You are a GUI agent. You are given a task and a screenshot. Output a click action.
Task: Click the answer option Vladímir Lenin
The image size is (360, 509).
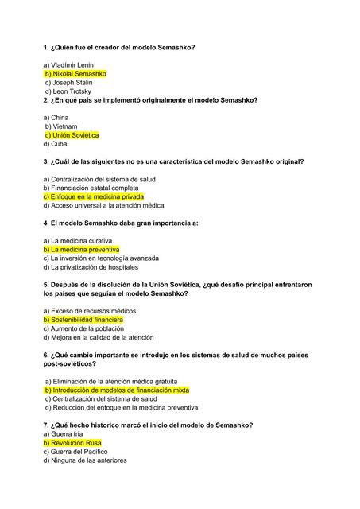pos(70,64)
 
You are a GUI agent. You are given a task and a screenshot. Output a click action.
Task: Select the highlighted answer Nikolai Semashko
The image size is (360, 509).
pos(75,74)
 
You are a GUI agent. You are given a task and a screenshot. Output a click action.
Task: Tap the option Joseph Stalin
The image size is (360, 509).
pos(70,83)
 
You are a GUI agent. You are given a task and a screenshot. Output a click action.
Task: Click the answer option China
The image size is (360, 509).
pos(56,117)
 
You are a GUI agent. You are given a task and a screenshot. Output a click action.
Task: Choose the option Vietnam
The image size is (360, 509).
pos(60,126)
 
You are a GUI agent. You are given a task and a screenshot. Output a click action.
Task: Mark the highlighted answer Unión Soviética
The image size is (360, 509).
pos(71,135)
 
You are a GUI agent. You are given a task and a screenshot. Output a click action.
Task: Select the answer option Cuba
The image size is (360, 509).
pos(55,144)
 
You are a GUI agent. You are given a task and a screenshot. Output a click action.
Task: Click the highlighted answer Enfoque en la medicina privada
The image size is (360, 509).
pos(93,196)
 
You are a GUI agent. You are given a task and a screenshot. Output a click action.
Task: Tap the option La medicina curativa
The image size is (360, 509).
pos(78,240)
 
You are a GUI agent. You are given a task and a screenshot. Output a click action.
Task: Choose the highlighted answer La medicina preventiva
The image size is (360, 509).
pos(81,249)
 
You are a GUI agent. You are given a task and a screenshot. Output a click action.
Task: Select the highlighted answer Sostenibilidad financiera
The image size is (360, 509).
pos(83,320)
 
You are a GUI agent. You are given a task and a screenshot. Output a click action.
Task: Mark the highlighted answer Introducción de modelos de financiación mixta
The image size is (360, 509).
pos(117,390)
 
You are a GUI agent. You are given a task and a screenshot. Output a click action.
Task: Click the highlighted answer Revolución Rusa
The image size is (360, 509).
pos(72,443)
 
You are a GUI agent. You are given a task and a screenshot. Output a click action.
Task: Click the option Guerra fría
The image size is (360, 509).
pos(64,434)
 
